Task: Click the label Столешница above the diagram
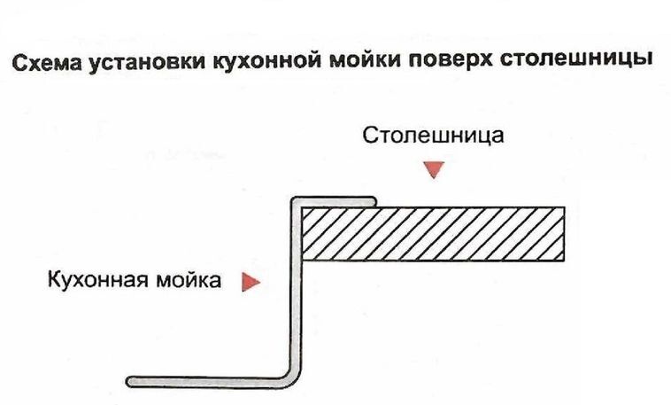[433, 136]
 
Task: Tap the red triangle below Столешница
[432, 169]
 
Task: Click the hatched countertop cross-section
[433, 234]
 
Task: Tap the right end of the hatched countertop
[561, 234]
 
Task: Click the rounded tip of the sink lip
[376, 202]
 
